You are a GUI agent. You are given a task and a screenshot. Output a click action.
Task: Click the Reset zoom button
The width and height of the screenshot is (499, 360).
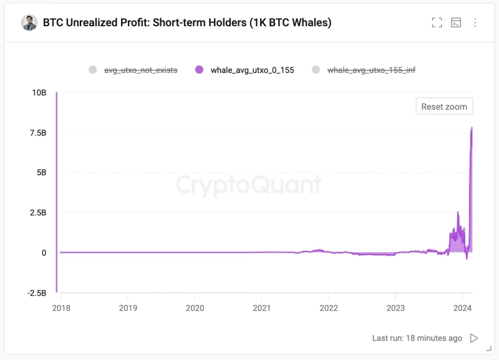point(444,107)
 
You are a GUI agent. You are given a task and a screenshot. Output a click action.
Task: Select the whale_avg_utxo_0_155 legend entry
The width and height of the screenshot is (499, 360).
point(245,70)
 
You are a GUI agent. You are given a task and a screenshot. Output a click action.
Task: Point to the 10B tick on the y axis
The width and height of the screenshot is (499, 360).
point(39,92)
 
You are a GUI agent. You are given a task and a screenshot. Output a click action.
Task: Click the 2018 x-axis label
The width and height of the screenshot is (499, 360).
point(61,308)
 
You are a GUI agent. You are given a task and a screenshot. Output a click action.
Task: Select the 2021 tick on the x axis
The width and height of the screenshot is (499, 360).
point(261,308)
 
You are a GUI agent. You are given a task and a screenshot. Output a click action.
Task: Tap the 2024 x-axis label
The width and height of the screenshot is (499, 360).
point(462,308)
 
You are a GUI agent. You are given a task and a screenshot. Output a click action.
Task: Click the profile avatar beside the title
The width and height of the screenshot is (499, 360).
point(29,22)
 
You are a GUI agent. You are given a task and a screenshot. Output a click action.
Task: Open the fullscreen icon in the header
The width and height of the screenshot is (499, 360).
point(437,22)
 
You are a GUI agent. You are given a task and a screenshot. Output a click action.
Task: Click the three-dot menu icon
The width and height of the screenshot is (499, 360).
point(475,22)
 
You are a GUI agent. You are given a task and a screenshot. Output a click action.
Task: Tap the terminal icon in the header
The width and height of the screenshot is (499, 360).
point(456,22)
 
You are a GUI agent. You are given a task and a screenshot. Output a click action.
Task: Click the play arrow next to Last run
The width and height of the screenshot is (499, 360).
point(474,338)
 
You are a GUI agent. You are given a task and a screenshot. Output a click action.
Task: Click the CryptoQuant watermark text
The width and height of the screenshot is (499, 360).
point(248,185)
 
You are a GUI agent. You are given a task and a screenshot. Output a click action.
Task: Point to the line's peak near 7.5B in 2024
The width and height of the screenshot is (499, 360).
point(472,128)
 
